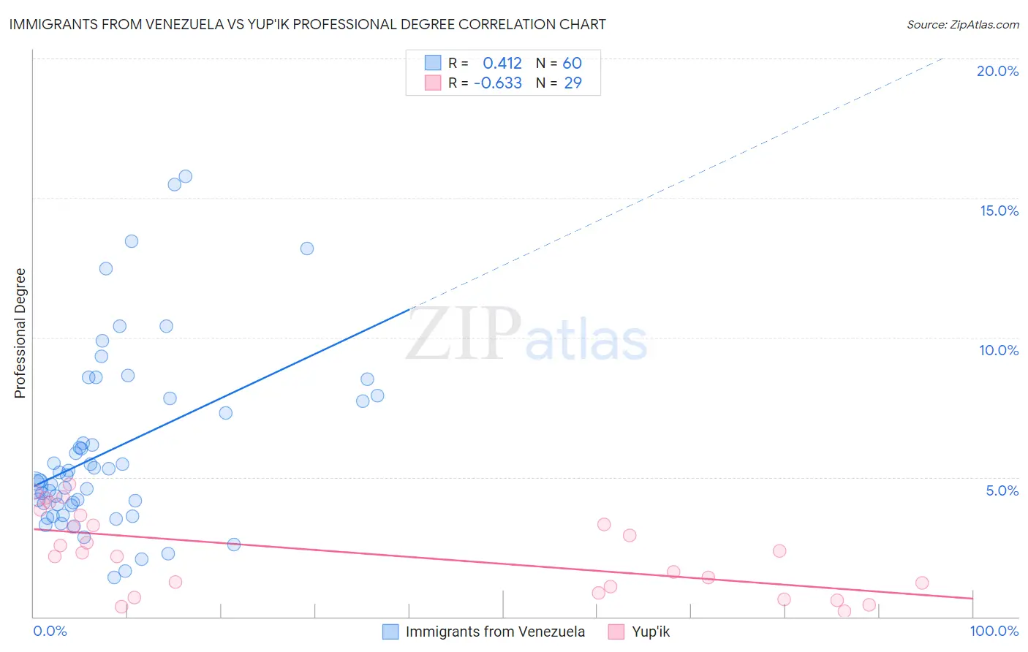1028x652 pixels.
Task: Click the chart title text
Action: [x=307, y=24]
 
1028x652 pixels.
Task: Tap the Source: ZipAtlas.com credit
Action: [x=962, y=25]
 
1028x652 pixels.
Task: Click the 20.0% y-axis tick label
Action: [x=997, y=71]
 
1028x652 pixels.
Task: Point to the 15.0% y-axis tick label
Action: [x=999, y=211]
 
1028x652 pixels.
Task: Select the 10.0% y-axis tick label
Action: [x=999, y=350]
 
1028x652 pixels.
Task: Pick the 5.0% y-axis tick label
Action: [x=1002, y=490]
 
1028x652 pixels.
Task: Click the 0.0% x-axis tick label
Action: [x=50, y=631]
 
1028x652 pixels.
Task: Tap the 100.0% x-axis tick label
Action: [x=994, y=631]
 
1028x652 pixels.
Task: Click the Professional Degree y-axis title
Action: [x=20, y=333]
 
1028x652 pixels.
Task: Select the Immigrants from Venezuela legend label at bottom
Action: [x=495, y=632]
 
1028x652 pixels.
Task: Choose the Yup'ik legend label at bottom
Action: [x=651, y=632]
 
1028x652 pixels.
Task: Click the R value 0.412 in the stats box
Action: [x=502, y=63]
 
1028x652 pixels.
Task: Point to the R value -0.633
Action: [x=498, y=83]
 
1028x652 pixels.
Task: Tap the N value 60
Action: [x=572, y=63]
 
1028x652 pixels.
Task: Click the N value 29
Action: [x=572, y=83]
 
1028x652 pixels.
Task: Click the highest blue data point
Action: [x=185, y=176]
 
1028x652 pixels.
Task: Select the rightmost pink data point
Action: [x=922, y=583]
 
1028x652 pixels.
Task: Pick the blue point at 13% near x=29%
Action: [x=307, y=249]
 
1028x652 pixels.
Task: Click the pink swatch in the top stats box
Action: [x=433, y=83]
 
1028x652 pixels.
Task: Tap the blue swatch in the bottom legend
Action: [x=391, y=632]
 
